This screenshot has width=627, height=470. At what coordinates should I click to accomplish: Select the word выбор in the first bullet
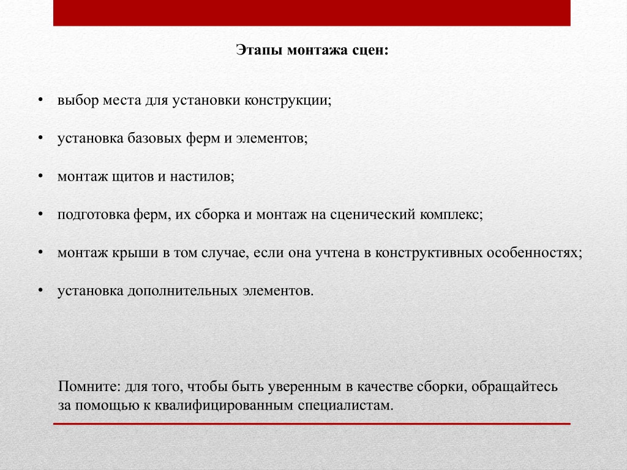(x=78, y=100)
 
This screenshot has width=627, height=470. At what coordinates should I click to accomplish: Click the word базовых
(x=155, y=138)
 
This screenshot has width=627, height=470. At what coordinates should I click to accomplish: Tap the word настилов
(x=202, y=177)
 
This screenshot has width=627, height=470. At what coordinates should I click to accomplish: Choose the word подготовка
(x=94, y=215)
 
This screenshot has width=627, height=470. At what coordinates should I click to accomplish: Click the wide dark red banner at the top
(x=312, y=13)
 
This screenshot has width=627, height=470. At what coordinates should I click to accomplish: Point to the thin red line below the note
(x=312, y=423)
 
